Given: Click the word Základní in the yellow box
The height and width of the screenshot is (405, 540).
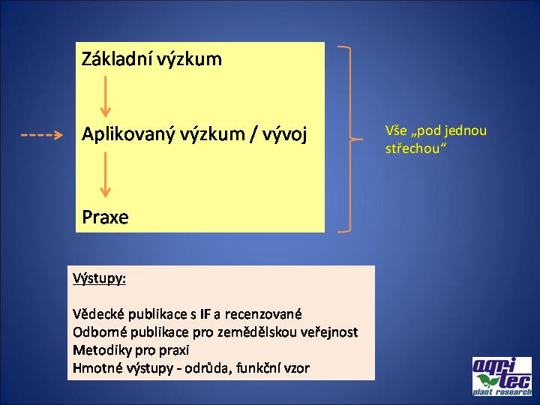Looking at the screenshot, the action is pos(117,58).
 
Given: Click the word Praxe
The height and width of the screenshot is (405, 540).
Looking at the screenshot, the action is pos(105,217).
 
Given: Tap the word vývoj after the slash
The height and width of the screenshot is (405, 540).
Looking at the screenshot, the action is pos(284,134).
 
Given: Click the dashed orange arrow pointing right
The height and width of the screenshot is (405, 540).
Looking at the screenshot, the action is pos(42,135).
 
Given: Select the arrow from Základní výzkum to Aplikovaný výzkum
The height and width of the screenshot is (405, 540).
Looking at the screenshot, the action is pos(106,97).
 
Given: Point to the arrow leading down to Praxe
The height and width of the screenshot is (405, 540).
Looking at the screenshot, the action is pos(106,175).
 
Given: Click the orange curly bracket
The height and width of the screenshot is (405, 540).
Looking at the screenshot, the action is pos(350,139).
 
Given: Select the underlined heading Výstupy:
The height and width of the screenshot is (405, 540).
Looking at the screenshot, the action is pos(99,278).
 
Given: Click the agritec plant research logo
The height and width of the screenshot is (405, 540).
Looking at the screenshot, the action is pos(502,376).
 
